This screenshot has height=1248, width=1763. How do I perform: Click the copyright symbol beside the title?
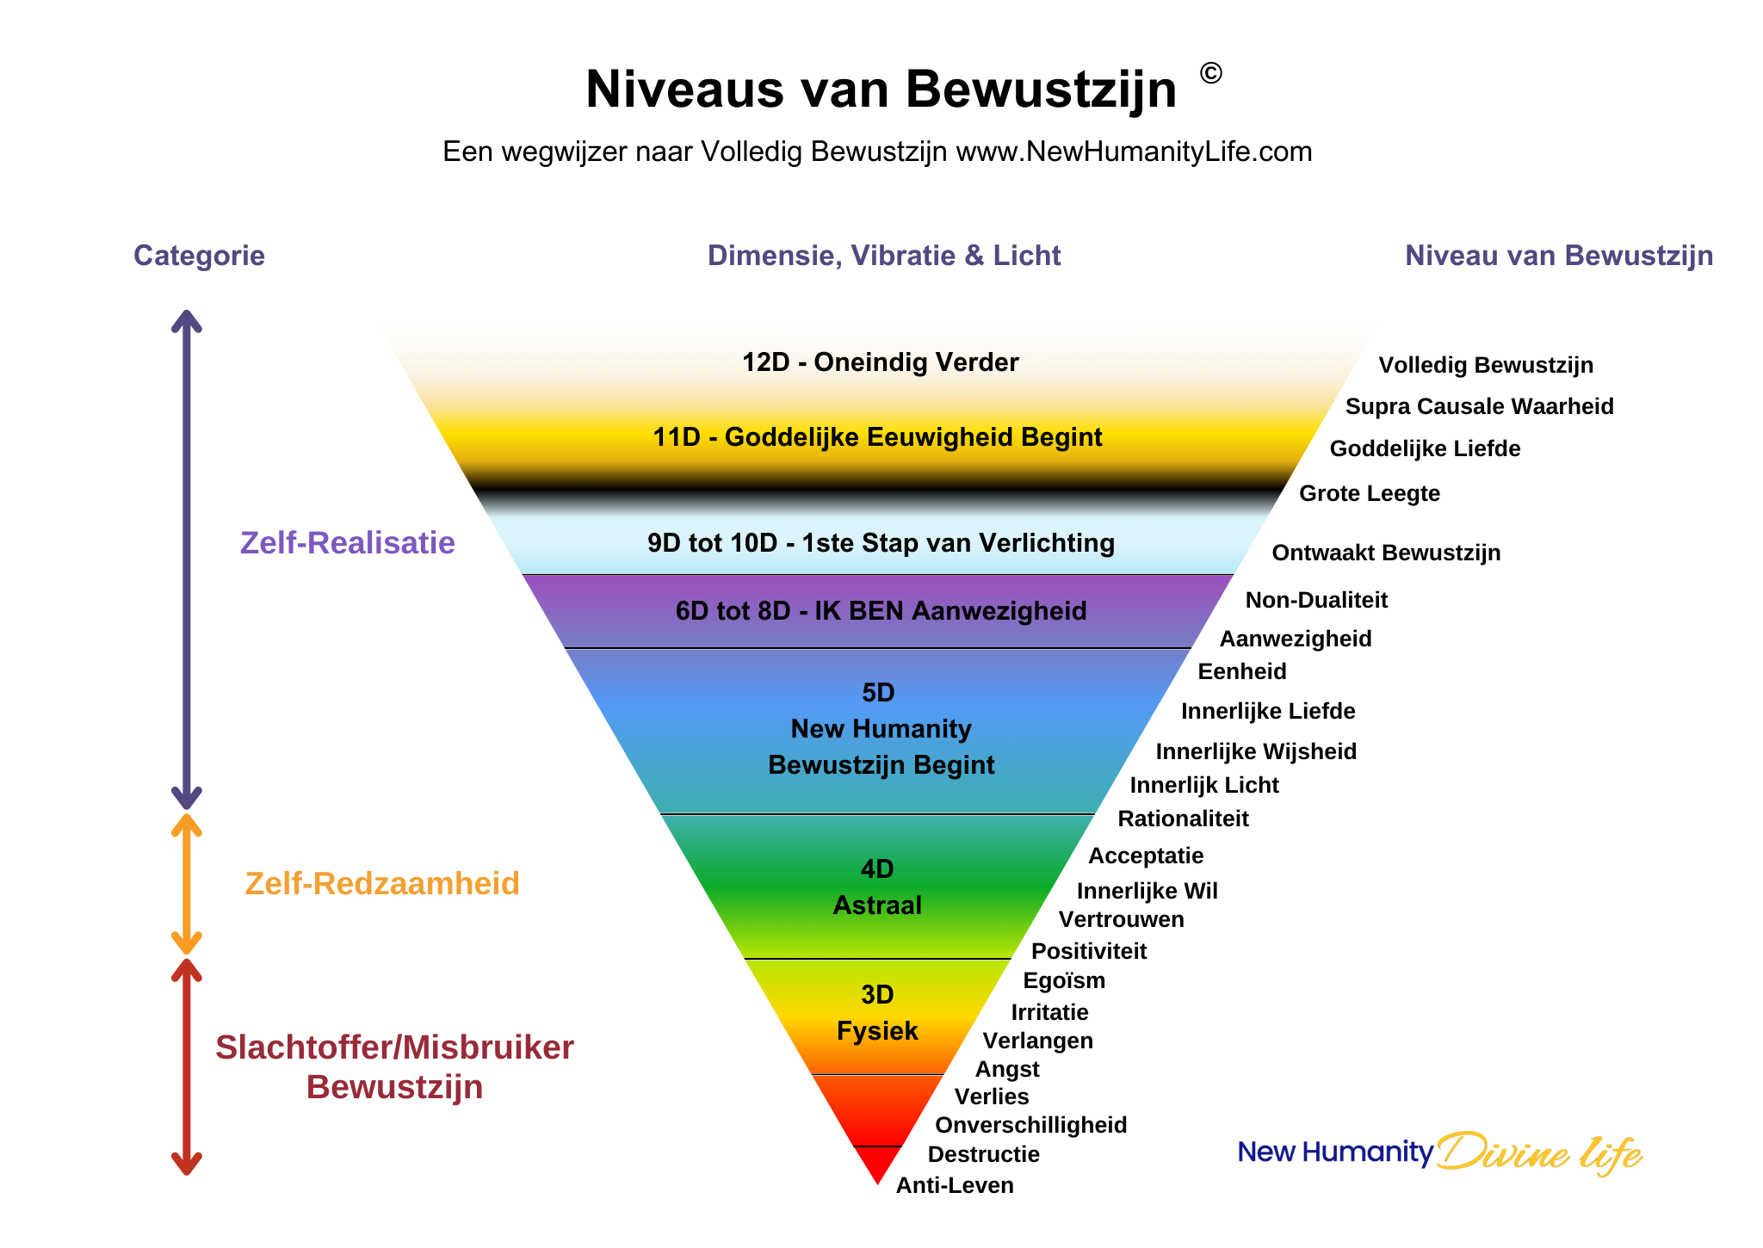click(x=1210, y=74)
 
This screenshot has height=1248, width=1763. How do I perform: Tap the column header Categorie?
click(x=199, y=256)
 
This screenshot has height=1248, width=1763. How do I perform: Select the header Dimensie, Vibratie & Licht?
click(x=884, y=256)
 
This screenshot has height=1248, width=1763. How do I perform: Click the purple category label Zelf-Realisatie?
click(x=347, y=543)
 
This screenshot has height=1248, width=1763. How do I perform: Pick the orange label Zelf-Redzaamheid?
click(x=382, y=884)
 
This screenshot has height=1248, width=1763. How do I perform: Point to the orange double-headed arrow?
click(x=187, y=884)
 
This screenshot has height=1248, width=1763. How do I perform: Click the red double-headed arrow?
click(x=187, y=1067)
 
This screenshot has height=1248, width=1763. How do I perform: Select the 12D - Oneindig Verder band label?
click(x=881, y=362)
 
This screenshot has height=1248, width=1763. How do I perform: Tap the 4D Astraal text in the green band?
click(x=877, y=887)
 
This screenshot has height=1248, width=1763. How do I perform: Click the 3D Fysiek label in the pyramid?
click(x=877, y=1013)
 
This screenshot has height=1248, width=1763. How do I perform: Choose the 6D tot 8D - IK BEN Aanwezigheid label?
click(x=881, y=611)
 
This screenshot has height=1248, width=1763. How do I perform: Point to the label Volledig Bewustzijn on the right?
click(x=1486, y=365)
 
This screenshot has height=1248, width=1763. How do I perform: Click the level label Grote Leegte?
click(x=1369, y=493)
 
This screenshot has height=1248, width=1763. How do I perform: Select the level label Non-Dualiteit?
click(x=1316, y=600)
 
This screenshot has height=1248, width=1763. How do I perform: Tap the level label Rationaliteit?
click(x=1183, y=819)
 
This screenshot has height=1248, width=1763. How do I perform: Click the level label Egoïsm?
click(x=1064, y=980)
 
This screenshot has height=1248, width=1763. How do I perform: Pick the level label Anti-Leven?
click(x=955, y=1185)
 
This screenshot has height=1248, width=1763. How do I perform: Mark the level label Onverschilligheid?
click(x=1030, y=1125)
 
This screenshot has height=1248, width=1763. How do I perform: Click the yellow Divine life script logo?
click(x=1539, y=1152)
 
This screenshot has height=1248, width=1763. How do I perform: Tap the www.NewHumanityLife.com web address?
click(x=1134, y=151)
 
